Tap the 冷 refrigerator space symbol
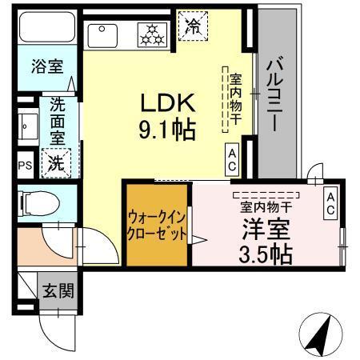[192, 26]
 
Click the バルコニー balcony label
[277, 94]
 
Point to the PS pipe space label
[24, 166]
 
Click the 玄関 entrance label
[58, 290]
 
